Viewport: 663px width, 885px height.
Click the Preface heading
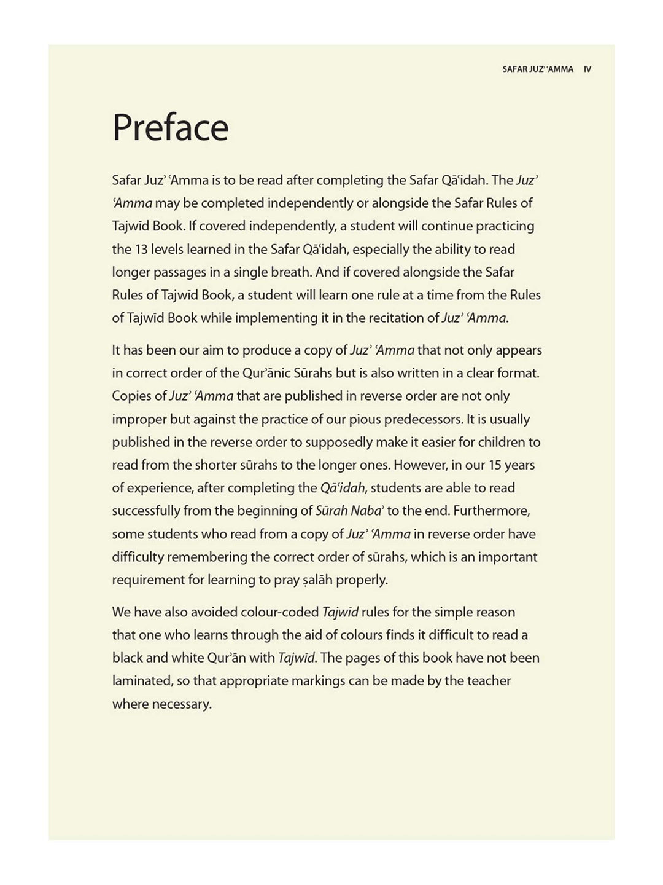tap(170, 127)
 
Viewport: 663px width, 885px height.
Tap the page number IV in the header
tap(587, 69)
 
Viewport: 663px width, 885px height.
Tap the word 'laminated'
tap(141, 681)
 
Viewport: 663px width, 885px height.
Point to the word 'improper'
tap(139, 419)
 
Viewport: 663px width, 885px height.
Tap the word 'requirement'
tap(148, 580)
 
